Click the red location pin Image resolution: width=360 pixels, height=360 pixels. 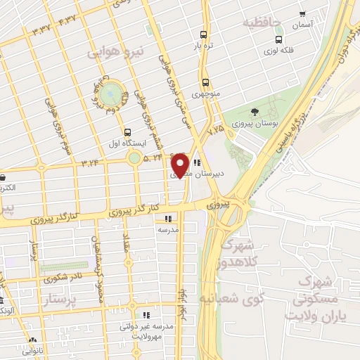[x=180, y=165]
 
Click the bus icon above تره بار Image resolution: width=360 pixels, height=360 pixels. [x=203, y=34]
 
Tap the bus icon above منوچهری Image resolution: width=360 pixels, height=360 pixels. [x=205, y=81]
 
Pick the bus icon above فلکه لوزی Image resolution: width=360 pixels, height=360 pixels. [x=279, y=39]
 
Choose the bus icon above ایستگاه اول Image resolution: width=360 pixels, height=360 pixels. [x=127, y=131]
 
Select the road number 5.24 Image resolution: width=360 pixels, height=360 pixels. [x=154, y=159]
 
